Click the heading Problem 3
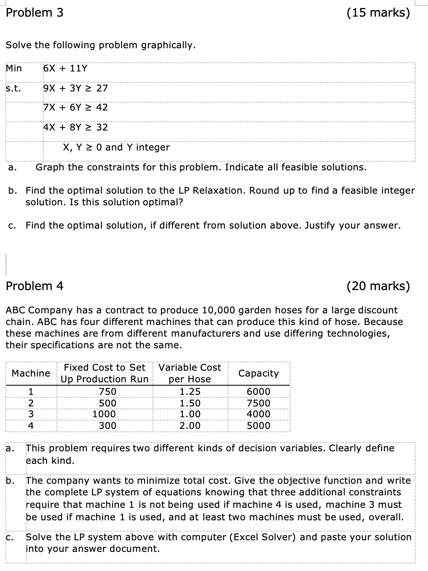(35, 13)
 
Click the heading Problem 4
(35, 286)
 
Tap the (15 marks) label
(378, 13)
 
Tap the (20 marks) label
(378, 286)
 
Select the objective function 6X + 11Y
(65, 68)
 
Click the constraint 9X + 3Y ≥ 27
(75, 88)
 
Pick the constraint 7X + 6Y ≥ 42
(75, 107)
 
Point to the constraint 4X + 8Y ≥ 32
(75, 127)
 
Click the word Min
(14, 68)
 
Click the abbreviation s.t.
(13, 88)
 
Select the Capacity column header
(258, 373)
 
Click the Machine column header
(31, 373)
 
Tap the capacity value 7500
(258, 403)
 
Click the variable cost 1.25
(190, 391)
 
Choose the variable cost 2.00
(190, 426)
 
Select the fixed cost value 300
(108, 426)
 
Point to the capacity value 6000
(258, 391)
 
